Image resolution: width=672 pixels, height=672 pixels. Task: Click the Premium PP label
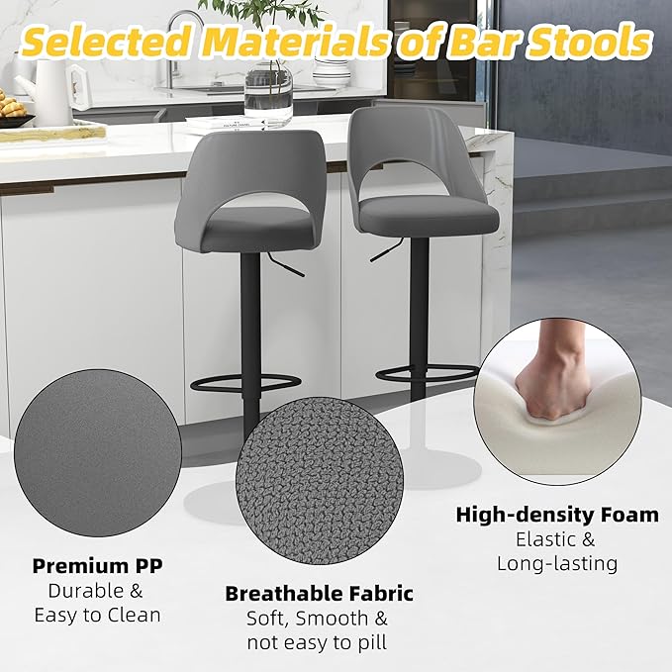pyautogui.click(x=97, y=566)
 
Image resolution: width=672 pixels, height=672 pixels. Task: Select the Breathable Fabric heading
pyautogui.click(x=319, y=594)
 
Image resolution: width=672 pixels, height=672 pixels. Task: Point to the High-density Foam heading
pyautogui.click(x=557, y=515)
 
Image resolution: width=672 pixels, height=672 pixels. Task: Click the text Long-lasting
pyautogui.click(x=557, y=563)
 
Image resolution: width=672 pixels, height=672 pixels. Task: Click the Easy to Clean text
pyautogui.click(x=97, y=615)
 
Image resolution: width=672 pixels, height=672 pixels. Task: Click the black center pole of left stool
pyautogui.click(x=250, y=327)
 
